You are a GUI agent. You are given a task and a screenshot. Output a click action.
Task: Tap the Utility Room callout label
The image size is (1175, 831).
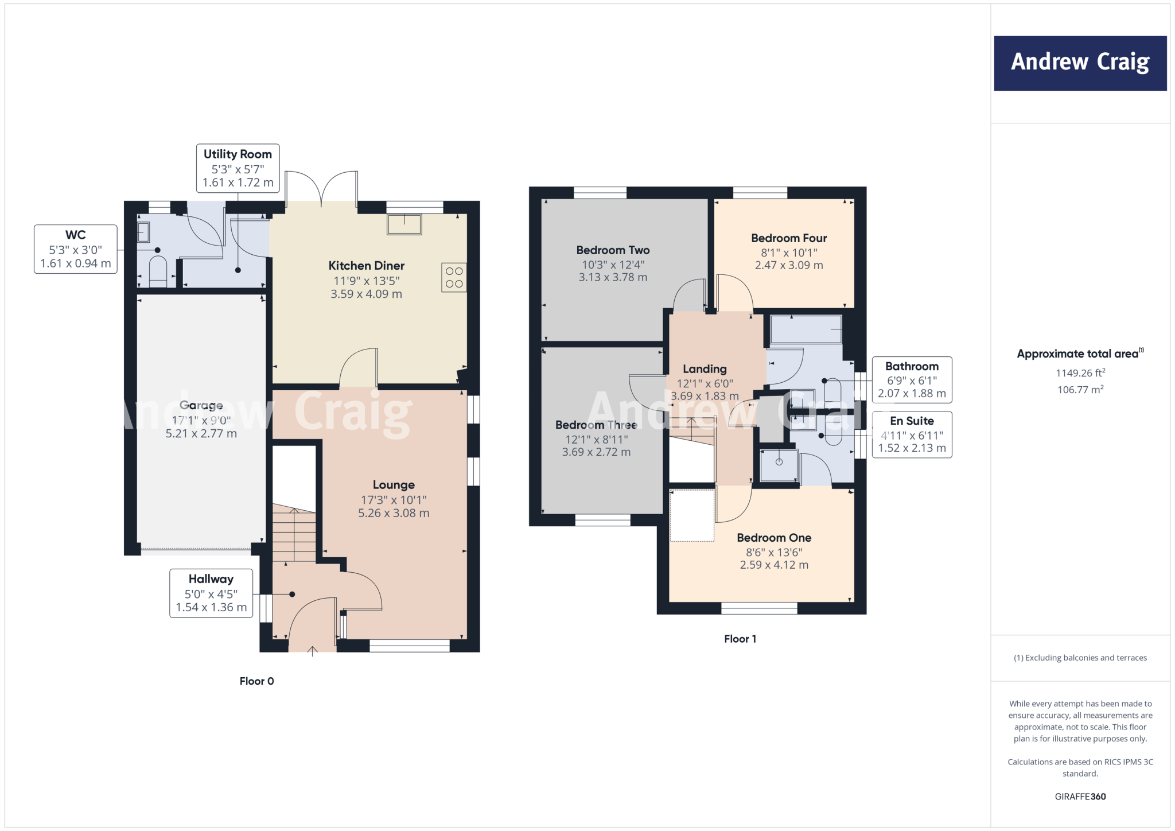coord(238,168)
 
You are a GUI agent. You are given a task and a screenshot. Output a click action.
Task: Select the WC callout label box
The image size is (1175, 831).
coord(76,249)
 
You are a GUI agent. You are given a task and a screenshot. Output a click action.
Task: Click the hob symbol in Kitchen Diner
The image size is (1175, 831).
coord(454,277)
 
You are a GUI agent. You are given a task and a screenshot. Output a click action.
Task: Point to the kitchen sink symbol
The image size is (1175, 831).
coord(404,224)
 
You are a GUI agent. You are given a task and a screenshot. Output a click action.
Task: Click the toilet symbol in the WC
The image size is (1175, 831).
coord(158,271)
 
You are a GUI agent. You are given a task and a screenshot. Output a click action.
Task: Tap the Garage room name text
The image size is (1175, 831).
coord(201,405)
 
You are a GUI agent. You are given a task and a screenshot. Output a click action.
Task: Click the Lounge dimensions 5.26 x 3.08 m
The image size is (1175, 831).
coord(394,513)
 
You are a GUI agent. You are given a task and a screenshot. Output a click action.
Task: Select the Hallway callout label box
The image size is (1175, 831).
coord(211,593)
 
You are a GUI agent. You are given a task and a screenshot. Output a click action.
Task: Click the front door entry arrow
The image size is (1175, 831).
coord(313,651)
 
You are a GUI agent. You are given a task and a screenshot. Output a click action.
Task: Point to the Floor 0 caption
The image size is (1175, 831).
coord(256,681)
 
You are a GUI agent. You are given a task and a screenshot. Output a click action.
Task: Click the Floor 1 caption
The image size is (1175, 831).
coord(740,639)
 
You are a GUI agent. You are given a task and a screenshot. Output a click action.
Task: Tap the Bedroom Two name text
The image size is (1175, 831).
coord(613,250)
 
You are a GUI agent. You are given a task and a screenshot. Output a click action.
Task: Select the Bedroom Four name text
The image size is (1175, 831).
coord(789,238)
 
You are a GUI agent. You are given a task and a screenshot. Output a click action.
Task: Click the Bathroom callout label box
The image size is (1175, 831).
coord(912,379)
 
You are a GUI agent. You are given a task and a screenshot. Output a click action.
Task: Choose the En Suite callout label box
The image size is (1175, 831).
coord(912,434)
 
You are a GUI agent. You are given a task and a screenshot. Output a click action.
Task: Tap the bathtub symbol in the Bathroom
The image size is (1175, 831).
coord(806,329)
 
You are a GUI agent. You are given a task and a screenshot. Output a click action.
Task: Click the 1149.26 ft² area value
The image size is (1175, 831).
coord(1080,373)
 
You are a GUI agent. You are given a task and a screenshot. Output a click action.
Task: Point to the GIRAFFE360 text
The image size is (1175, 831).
coord(1080,797)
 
